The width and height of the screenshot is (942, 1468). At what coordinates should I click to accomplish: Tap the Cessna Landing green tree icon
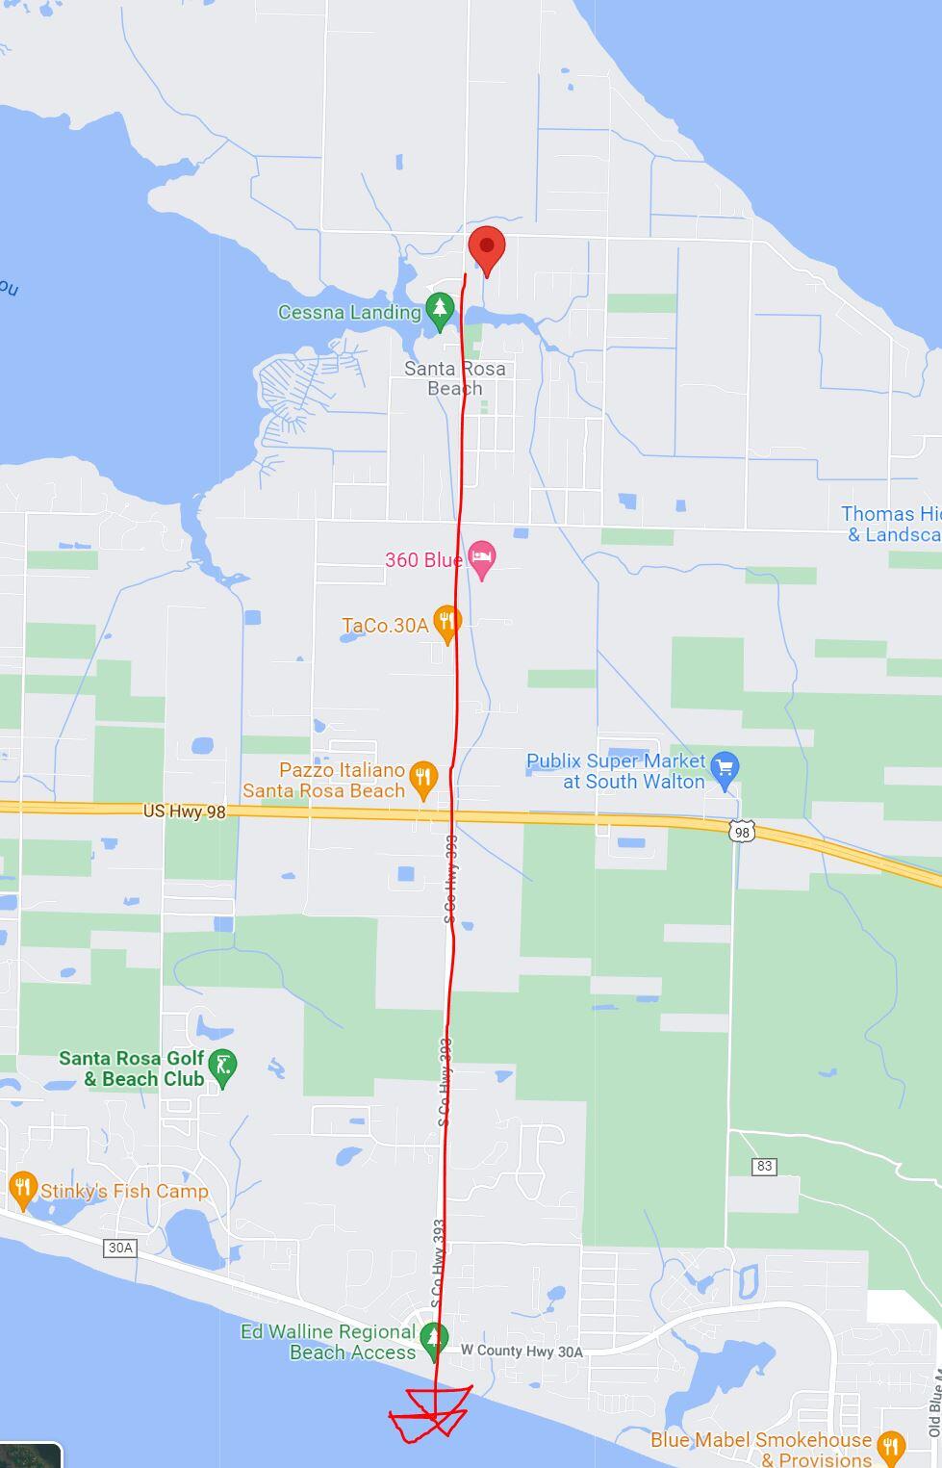click(x=440, y=309)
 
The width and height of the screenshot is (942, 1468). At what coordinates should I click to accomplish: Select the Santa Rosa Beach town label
click(x=454, y=378)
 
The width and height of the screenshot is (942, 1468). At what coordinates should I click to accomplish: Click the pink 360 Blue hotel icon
click(x=482, y=558)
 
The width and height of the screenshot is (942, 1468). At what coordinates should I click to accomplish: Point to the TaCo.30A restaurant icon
click(x=446, y=623)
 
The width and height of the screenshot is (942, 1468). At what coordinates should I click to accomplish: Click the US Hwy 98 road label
click(x=184, y=811)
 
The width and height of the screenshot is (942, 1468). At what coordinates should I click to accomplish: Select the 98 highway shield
click(x=741, y=831)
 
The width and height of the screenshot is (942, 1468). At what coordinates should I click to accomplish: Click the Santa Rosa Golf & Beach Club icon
click(x=223, y=1067)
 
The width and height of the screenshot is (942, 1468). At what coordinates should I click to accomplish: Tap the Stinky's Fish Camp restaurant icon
click(x=22, y=1189)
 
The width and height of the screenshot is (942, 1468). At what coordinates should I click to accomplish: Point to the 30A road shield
click(x=119, y=1248)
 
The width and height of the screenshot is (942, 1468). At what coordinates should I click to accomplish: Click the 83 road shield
click(x=764, y=1166)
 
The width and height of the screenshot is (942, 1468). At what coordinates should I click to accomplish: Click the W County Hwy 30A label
click(x=522, y=1352)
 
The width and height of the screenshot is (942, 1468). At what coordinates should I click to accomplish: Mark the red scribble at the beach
click(x=431, y=1415)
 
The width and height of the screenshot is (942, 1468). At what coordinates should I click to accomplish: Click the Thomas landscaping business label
click(x=891, y=524)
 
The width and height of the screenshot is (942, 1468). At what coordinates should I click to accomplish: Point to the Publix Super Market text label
click(x=616, y=771)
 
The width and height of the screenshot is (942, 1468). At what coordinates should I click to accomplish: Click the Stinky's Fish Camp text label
click(x=124, y=1191)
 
